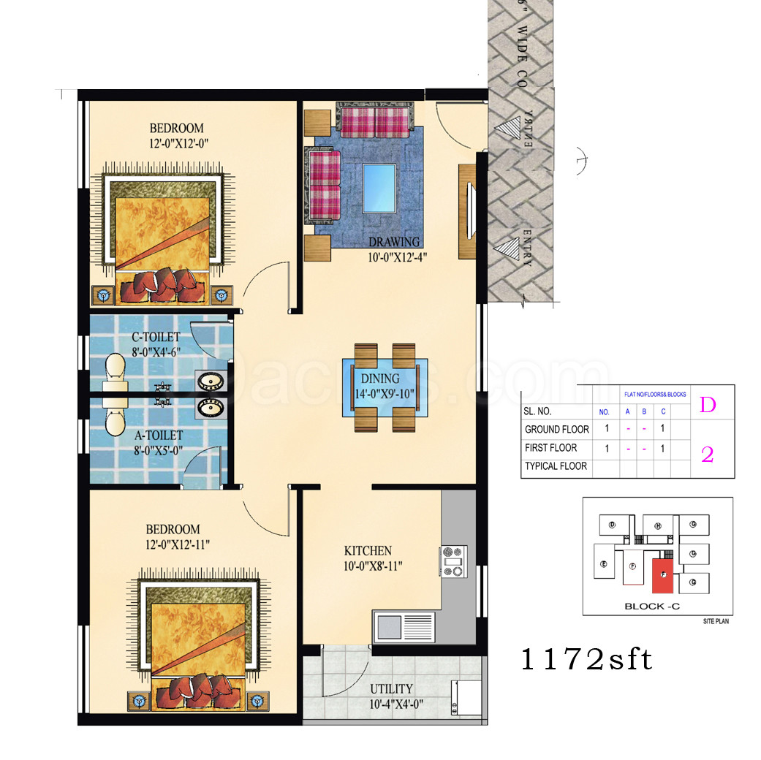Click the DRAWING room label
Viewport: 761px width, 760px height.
click(x=394, y=242)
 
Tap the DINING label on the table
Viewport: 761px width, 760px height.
click(x=380, y=379)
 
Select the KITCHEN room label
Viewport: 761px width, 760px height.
click(x=368, y=550)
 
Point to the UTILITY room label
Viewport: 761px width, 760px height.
click(x=390, y=688)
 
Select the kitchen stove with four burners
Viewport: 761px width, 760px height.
click(x=453, y=560)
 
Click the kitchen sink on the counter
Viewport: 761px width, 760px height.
click(x=404, y=627)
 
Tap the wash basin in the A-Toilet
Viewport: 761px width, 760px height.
click(x=211, y=407)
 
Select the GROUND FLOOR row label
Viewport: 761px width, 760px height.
click(x=556, y=429)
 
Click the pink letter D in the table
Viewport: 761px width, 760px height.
click(x=708, y=405)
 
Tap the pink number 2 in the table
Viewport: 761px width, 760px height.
click(x=708, y=455)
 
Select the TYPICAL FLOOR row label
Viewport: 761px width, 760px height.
click(x=556, y=465)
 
